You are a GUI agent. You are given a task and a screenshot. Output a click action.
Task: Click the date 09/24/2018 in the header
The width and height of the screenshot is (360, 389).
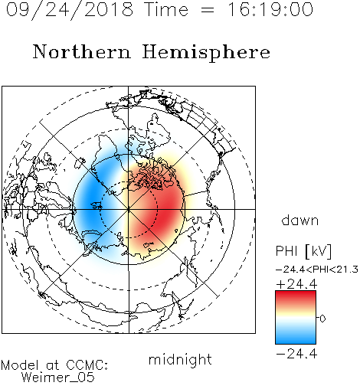click(70, 10)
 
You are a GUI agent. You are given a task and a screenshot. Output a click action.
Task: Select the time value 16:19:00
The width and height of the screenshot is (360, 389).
click(270, 9)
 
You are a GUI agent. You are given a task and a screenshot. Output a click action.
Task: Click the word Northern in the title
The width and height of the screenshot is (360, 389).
click(82, 51)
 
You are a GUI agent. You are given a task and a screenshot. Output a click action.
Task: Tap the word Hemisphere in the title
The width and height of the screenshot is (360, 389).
click(206, 53)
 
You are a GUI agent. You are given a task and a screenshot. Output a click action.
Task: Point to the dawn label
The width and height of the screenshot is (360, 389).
click(300, 220)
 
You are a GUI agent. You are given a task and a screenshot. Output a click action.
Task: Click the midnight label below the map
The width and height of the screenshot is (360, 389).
click(180, 360)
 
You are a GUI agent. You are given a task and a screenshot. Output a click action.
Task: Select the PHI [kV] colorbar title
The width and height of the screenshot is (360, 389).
click(303, 251)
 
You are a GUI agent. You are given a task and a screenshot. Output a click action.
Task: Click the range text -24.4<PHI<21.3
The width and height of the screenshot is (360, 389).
click(317, 270)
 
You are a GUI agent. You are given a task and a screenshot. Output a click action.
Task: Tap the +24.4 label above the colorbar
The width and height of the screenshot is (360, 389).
click(296, 284)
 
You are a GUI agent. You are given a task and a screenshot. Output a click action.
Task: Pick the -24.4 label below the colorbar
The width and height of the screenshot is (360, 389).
click(296, 354)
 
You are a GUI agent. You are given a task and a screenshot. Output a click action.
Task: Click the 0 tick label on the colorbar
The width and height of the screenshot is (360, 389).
click(322, 319)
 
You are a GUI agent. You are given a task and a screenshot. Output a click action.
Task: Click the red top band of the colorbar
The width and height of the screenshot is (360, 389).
click(296, 297)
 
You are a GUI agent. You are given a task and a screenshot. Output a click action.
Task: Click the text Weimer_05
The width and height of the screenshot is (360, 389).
click(57, 378)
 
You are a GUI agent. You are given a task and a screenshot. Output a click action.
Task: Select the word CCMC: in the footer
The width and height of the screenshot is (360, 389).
click(87, 365)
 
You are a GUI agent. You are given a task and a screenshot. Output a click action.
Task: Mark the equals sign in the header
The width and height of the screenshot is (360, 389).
click(208, 11)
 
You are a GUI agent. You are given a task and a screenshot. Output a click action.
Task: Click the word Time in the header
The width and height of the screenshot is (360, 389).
click(166, 9)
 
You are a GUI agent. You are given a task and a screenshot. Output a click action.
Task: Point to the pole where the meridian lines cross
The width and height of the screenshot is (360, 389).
click(129, 209)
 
